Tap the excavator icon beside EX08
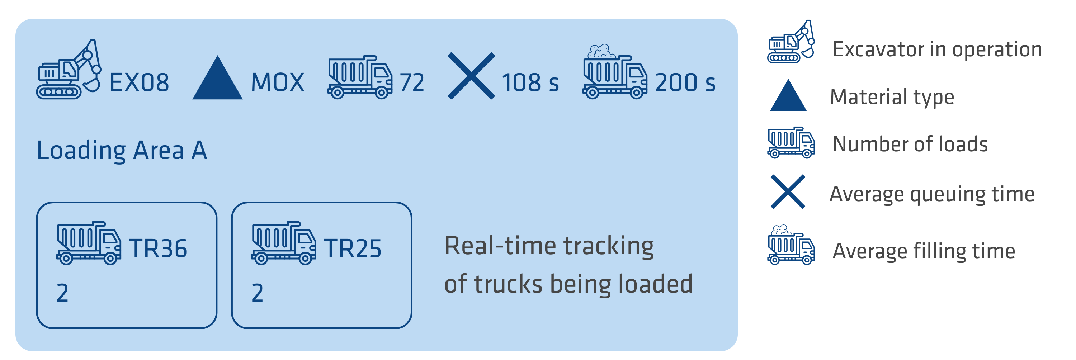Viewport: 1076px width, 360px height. pos(69,70)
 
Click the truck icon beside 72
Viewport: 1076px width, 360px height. pos(360,78)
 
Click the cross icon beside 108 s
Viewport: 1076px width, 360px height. pos(471,76)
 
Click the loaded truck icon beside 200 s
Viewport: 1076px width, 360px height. pos(614,73)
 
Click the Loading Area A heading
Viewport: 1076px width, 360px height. pos(122,150)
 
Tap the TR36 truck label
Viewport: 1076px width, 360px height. pos(158,248)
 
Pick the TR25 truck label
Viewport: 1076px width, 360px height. pos(353,248)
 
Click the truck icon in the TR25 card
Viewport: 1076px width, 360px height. pos(283,243)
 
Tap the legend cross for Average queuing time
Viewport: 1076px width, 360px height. pos(788,192)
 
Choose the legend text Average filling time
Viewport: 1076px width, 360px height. pos(924,251)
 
